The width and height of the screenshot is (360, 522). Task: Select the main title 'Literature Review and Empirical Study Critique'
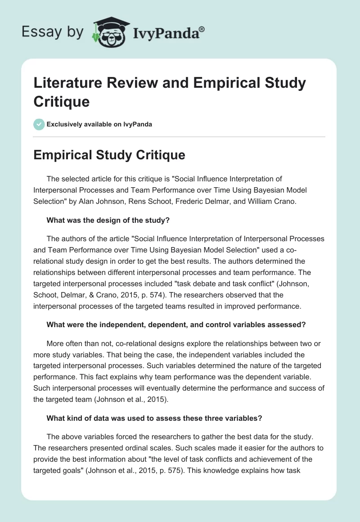[x=170, y=92]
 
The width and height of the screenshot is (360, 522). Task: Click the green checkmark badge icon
[x=39, y=124]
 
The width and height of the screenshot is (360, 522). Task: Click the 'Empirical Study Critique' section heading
[x=109, y=155]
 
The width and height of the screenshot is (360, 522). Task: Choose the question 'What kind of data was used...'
[x=154, y=418]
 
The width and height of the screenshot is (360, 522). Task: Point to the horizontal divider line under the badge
[x=180, y=136]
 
